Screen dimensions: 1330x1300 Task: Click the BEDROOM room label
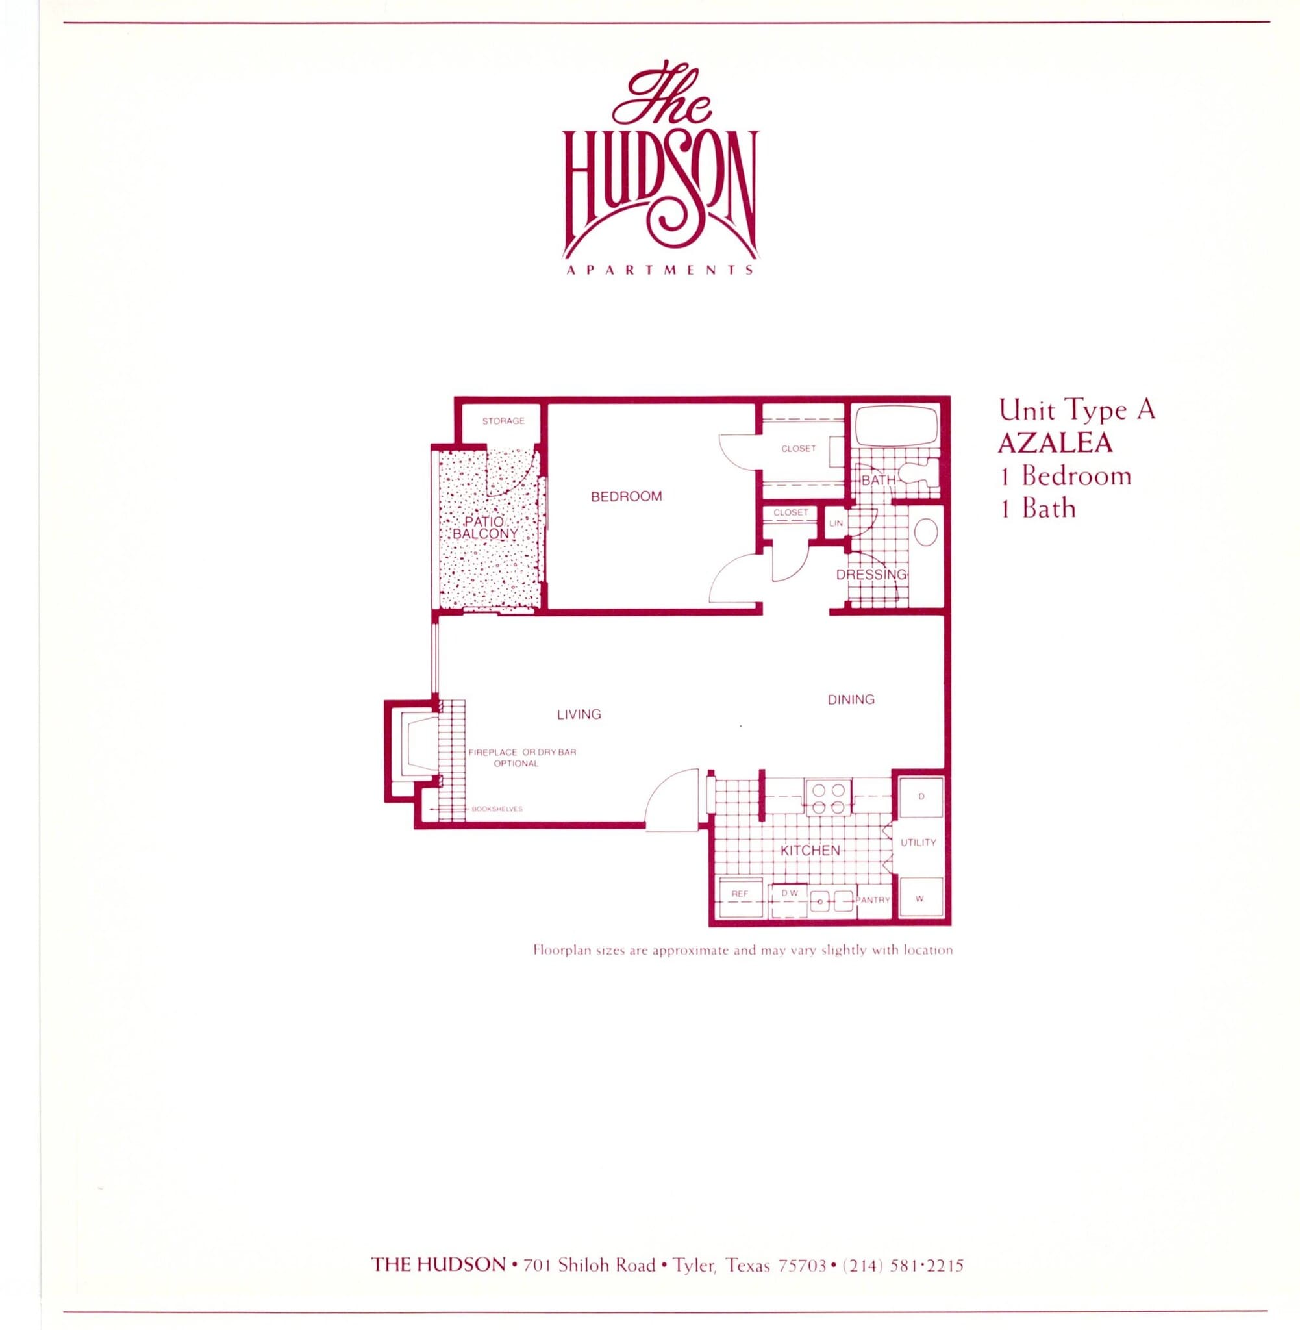click(626, 496)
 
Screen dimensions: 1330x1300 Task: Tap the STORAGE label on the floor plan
click(503, 421)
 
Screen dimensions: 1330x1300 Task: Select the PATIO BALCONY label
click(485, 528)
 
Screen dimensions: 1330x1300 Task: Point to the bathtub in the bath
click(894, 426)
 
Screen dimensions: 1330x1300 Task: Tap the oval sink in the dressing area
click(926, 533)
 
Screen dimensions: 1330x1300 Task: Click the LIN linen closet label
click(836, 523)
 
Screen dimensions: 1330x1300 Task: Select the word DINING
click(850, 699)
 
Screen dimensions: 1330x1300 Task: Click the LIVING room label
click(579, 714)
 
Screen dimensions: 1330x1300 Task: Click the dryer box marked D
click(920, 797)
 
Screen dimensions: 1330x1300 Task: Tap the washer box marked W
click(919, 899)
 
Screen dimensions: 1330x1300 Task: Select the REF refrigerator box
click(740, 894)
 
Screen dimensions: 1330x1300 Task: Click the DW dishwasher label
click(788, 892)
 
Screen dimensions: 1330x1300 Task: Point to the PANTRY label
click(873, 900)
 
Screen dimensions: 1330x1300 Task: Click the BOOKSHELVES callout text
click(496, 809)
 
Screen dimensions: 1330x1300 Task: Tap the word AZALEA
click(1055, 443)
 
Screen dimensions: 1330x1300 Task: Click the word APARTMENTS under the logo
click(660, 270)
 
